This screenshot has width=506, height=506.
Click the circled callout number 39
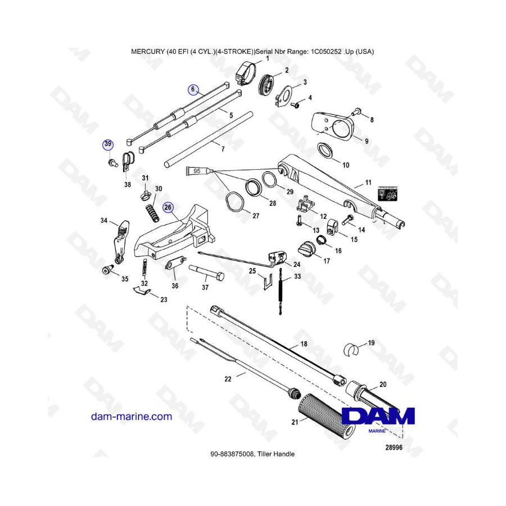[108, 144]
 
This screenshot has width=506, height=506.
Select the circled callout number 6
[193, 89]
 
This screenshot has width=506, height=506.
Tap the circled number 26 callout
[168, 207]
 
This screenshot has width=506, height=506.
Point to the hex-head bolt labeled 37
[206, 272]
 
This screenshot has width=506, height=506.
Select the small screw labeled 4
[295, 105]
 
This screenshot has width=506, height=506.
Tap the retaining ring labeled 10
[326, 151]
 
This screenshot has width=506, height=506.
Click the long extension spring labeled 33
[280, 291]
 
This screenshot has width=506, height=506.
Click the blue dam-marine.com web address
[132, 417]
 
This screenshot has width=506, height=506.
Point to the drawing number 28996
[394, 448]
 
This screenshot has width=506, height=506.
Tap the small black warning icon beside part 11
[387, 193]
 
